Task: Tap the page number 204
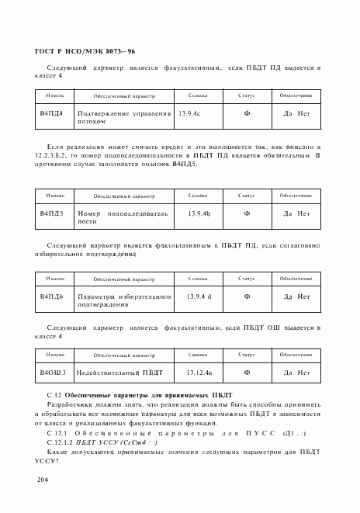(42, 482)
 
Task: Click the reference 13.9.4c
(189, 114)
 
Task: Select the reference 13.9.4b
(199, 213)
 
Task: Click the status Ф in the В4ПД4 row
(247, 114)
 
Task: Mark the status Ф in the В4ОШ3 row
(247, 373)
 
